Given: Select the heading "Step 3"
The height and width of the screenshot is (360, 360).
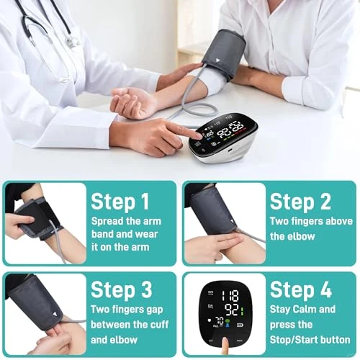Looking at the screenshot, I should pos(121,290).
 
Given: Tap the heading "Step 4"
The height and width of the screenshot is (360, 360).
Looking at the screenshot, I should pos(301,290).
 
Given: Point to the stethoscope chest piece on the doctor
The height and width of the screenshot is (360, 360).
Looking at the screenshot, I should pos(73,41).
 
